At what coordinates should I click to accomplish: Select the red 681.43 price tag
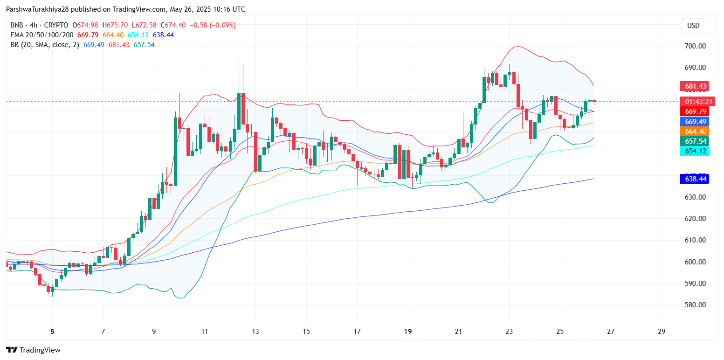695,86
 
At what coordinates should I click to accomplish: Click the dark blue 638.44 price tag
695,179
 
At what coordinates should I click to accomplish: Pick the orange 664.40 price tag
695,132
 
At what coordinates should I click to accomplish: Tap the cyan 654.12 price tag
695,151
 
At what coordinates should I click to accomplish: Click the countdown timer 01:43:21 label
695,102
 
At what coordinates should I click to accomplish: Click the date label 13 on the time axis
255,332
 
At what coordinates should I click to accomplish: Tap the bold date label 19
408,332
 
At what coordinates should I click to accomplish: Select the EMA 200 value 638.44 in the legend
163,35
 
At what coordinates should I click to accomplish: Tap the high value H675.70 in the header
117,25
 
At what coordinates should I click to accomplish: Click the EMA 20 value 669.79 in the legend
88,35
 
